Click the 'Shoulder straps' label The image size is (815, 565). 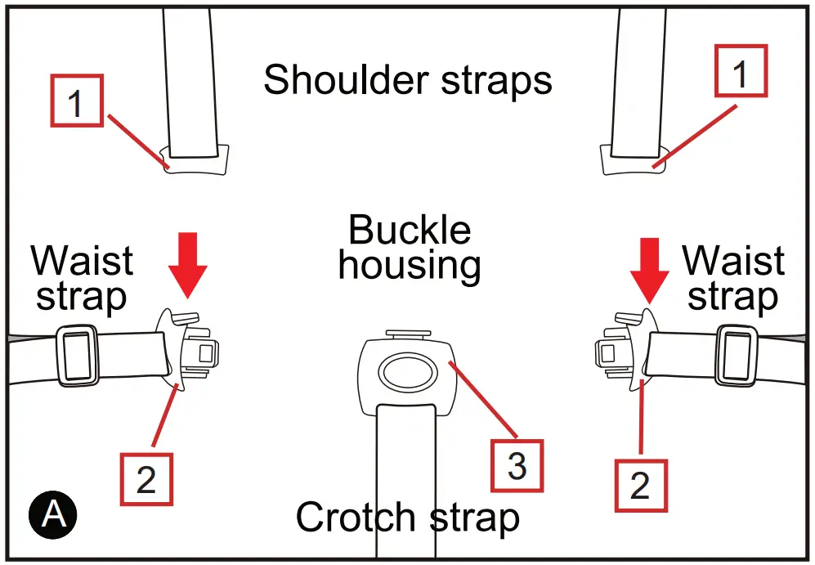(x=407, y=80)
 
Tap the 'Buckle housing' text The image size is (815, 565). (x=410, y=249)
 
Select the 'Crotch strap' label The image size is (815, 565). (x=407, y=518)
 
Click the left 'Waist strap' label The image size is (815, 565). (x=82, y=278)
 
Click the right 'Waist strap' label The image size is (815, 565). (x=733, y=278)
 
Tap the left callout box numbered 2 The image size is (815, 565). (x=146, y=478)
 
